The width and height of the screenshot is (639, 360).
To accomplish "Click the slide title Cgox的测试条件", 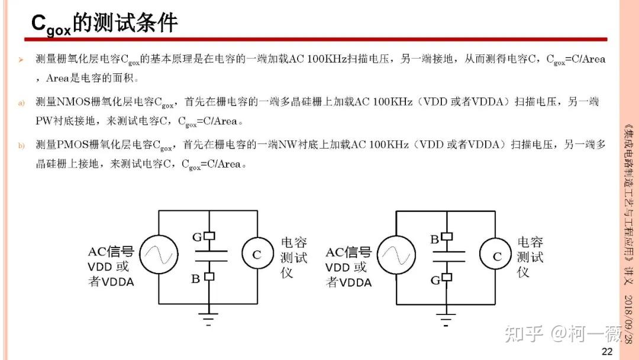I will tap(104, 24).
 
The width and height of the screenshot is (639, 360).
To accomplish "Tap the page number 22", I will tap(606, 351).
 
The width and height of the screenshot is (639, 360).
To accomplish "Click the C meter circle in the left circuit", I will tap(256, 255).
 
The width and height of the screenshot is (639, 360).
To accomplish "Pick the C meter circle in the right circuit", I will tap(496, 256).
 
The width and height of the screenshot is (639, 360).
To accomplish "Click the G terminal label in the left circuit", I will tap(196, 237).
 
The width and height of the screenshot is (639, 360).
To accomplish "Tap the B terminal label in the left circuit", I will tap(196, 278).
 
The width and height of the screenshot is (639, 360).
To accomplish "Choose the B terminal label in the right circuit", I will tap(434, 239).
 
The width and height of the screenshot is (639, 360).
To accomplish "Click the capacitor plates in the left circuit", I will tap(210, 255).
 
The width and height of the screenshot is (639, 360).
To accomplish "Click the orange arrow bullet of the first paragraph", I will tap(21, 60).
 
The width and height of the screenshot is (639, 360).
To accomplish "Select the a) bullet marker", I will tap(21, 102).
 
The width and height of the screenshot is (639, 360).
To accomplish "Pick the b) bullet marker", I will tap(21, 144).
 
